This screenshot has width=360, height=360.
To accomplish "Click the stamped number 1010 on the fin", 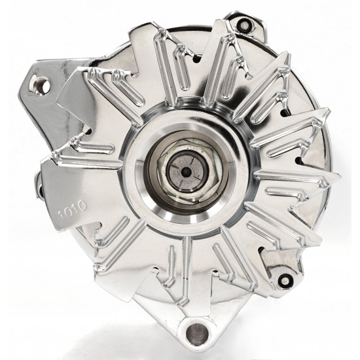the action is click(73, 209).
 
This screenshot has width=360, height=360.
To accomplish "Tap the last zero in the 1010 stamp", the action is click(82, 205).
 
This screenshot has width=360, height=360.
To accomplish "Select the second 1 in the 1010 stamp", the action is click(75, 208).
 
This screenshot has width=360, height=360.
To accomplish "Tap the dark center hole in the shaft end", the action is click(185, 171).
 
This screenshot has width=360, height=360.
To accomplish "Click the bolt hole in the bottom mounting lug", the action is click(197, 333).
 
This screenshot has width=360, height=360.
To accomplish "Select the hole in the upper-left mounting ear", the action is click(42, 85).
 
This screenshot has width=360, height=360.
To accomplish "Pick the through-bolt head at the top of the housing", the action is click(244, 23).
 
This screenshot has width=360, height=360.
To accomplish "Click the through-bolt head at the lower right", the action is click(285, 279).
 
